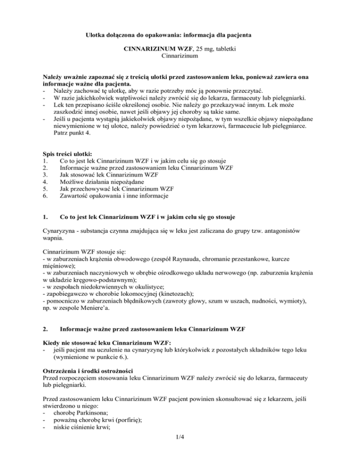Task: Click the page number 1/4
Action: [180, 451]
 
